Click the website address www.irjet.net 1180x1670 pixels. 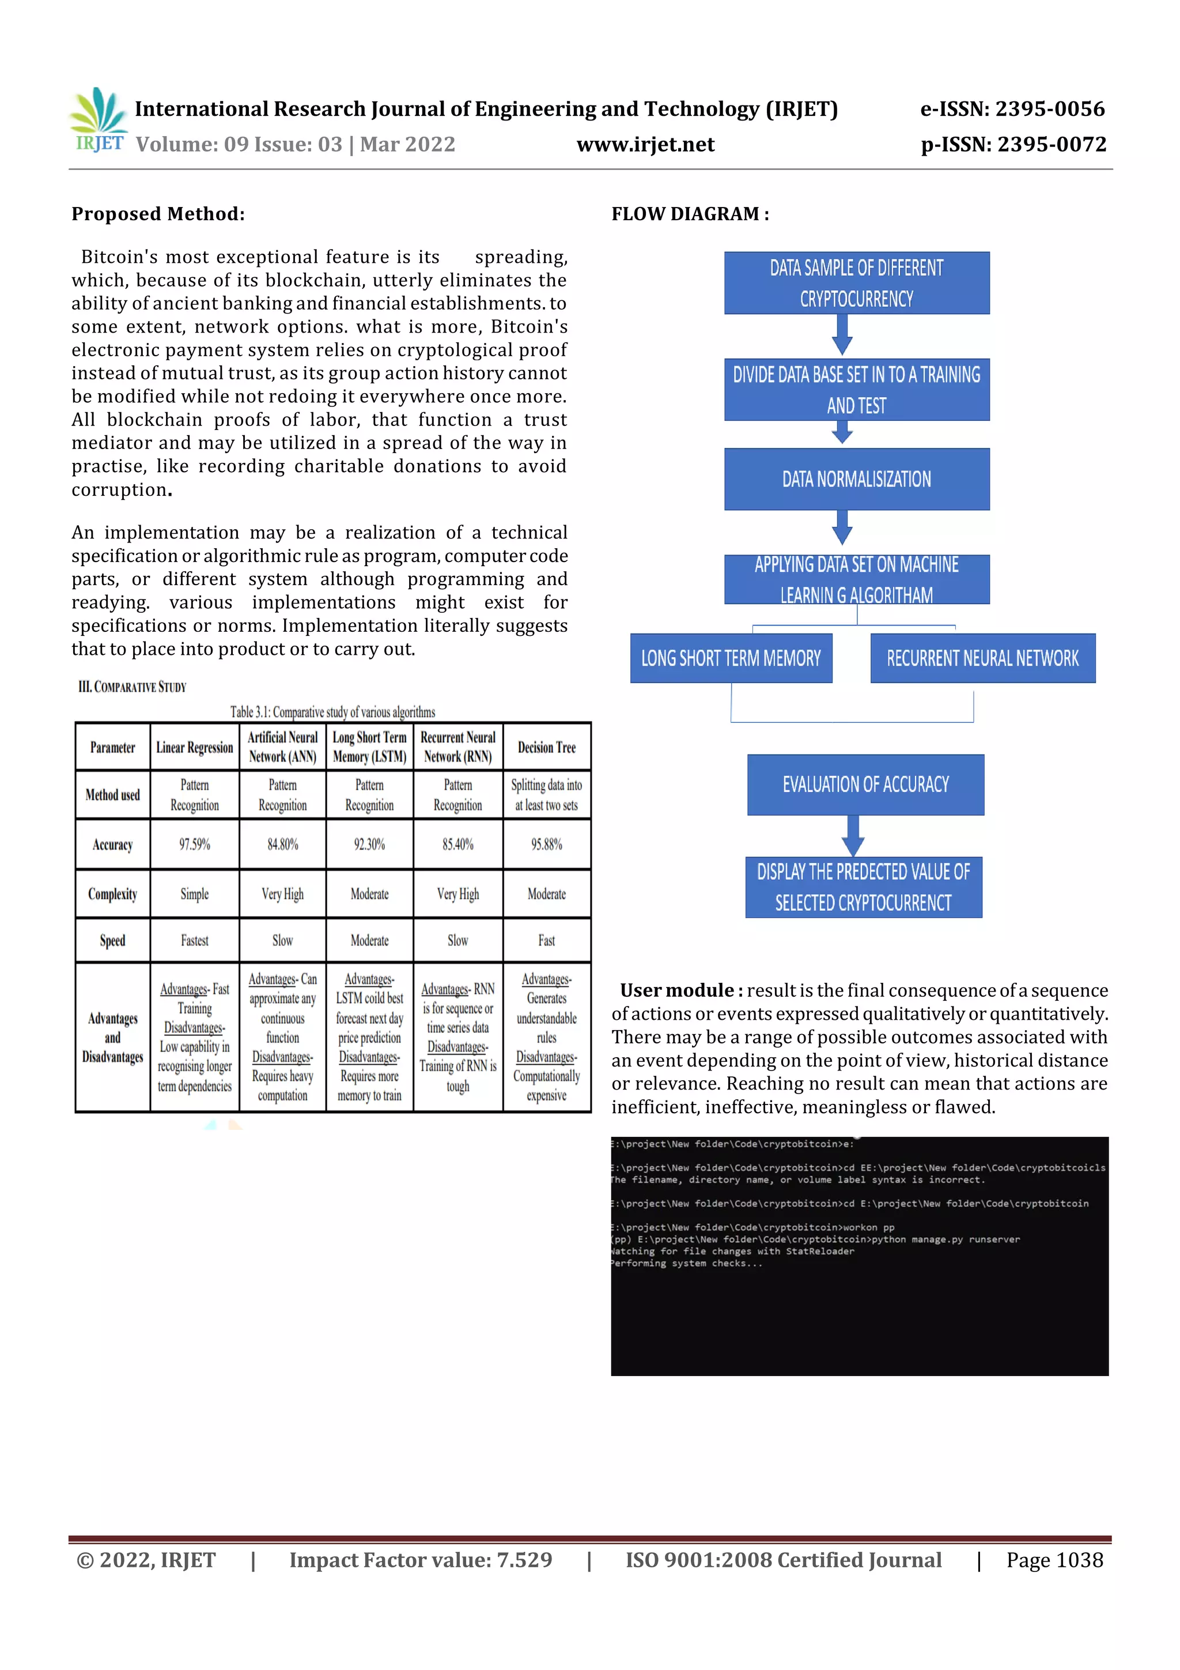click(x=645, y=145)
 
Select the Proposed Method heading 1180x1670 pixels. click(x=158, y=214)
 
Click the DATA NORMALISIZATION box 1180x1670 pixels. click(x=856, y=479)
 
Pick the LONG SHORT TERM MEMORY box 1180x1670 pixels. click(x=730, y=658)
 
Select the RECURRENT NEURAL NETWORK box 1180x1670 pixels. click(x=982, y=658)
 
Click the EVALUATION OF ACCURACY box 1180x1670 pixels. click(x=865, y=784)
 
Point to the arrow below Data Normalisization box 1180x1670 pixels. click(x=842, y=527)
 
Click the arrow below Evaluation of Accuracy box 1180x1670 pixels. click(x=853, y=836)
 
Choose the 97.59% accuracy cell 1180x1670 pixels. click(x=194, y=845)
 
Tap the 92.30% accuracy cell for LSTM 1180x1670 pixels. click(x=369, y=845)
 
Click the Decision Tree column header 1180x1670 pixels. click(x=546, y=747)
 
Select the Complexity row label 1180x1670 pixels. click(x=113, y=894)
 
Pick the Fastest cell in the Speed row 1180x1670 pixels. click(x=194, y=940)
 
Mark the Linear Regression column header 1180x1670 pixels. click(x=194, y=747)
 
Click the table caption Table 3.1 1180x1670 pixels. click(x=332, y=712)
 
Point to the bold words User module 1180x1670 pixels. click(x=680, y=991)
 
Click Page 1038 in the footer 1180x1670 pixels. click(x=1054, y=1560)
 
